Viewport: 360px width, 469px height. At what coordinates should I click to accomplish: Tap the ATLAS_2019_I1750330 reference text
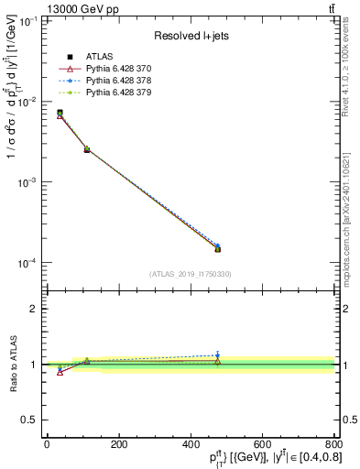pyautogui.click(x=191, y=274)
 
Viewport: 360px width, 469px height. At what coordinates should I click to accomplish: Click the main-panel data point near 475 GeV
pyautogui.click(x=217, y=248)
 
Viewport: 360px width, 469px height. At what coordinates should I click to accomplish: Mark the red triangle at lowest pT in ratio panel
pyautogui.click(x=60, y=372)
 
